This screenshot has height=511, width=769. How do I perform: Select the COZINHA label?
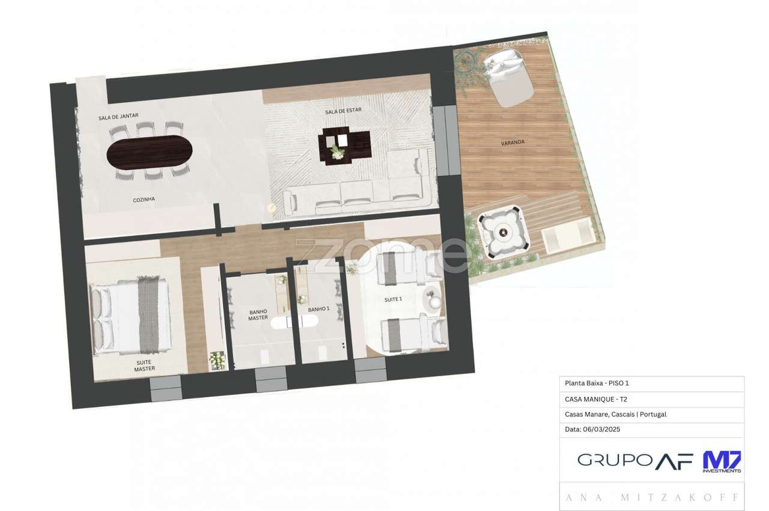(x=144, y=199)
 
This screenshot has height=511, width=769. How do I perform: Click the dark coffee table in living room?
(x=344, y=144)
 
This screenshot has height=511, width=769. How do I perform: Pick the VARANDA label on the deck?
(x=512, y=142)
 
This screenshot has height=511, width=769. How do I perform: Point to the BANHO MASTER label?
(x=258, y=314)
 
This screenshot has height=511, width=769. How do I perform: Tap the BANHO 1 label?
(x=318, y=309)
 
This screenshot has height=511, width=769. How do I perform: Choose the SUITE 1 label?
(x=393, y=299)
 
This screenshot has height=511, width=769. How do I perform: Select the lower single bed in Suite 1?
(x=413, y=334)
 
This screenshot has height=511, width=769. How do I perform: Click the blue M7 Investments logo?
(x=722, y=461)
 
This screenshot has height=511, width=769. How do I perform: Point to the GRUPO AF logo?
(x=635, y=461)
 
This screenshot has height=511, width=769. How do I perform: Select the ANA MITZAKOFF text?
(x=652, y=498)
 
